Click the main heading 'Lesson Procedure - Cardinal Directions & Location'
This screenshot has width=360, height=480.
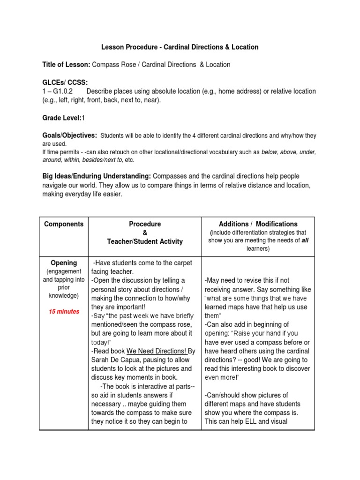pos(180,47)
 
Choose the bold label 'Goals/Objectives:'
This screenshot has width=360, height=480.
pos(70,135)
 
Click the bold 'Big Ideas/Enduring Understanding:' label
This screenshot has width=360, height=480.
pos(96,176)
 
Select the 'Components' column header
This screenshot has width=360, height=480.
pos(64,224)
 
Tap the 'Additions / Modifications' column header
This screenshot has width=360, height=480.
pos(258,224)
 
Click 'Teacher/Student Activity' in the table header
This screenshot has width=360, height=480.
pos(144,241)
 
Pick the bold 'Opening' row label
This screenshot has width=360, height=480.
pos(64,263)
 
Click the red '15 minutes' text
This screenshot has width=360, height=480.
pos(64,312)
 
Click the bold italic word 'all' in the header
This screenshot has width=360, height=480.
pos(305,240)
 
